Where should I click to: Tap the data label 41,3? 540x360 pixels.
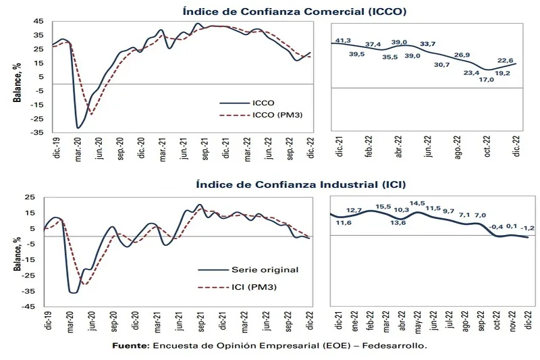click(x=344, y=41)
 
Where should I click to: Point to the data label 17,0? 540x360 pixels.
click(x=485, y=79)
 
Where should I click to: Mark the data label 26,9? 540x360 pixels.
click(x=462, y=55)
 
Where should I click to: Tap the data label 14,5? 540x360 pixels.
click(x=417, y=203)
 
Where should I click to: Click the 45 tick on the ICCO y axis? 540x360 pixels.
click(x=38, y=20)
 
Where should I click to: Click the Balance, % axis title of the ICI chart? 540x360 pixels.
click(x=16, y=252)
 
